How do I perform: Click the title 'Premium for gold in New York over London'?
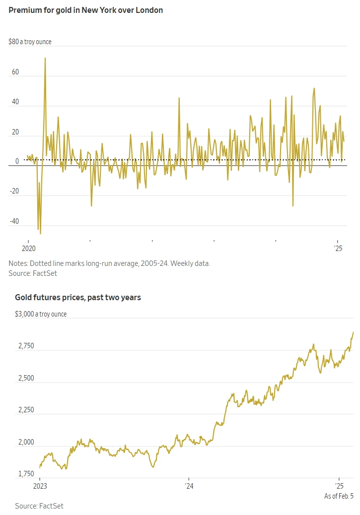coord(86,10)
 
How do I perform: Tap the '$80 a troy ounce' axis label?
coord(30,42)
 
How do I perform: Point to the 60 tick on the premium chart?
coord(15,72)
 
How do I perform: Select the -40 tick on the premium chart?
coord(14,222)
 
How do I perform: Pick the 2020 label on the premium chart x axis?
coord(29,248)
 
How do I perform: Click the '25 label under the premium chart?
coord(339,248)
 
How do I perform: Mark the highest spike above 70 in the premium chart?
coord(45,58)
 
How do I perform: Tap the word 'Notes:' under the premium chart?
coord(18,263)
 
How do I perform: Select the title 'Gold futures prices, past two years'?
coord(78,297)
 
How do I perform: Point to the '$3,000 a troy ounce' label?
coord(41,314)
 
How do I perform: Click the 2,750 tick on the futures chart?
coord(24,346)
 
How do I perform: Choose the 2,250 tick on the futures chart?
coord(24,410)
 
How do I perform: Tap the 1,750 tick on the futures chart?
coord(24,474)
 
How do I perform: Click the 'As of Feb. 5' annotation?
coord(339,496)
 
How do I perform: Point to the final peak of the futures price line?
coord(353,332)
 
